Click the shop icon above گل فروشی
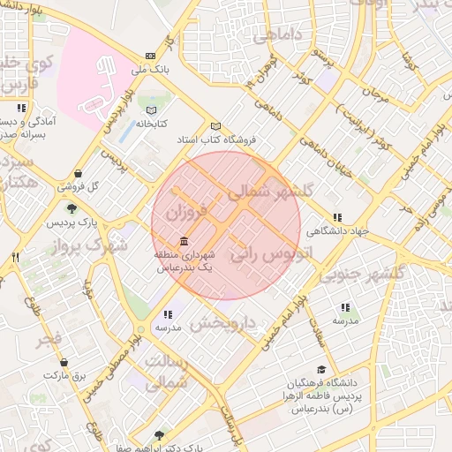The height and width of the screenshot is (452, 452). pyautogui.click(x=80, y=173)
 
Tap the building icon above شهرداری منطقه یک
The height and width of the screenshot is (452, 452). pyautogui.click(x=183, y=241)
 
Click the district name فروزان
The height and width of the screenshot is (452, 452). pyautogui.click(x=185, y=213)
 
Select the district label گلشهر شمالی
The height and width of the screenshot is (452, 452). pyautogui.click(x=270, y=192)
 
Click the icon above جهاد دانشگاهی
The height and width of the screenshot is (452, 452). pyautogui.click(x=336, y=217)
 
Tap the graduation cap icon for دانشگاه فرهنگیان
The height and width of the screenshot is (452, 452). pyautogui.click(x=321, y=370)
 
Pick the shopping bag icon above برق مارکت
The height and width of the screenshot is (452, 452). pyautogui.click(x=64, y=362)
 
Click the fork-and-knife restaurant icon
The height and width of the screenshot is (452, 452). pyautogui.click(x=15, y=257)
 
